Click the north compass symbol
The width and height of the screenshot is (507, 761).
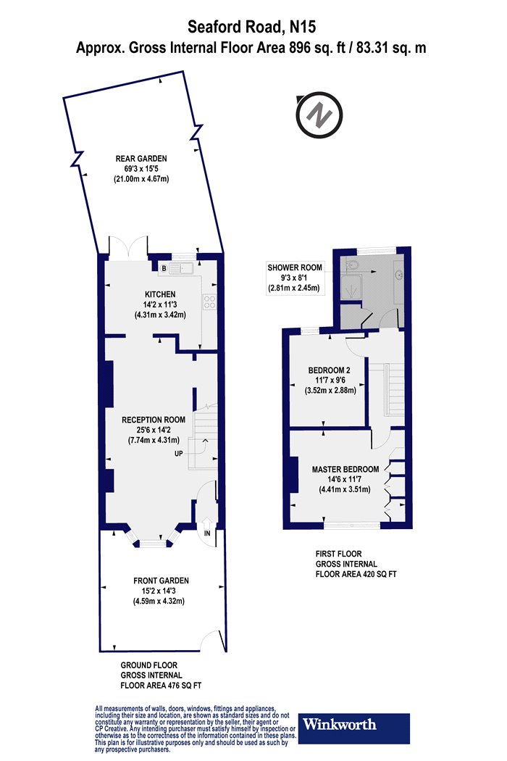pyautogui.click(x=318, y=114)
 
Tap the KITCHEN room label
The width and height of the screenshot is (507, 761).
pyautogui.click(x=160, y=294)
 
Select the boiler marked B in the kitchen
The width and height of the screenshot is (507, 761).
pyautogui.click(x=164, y=269)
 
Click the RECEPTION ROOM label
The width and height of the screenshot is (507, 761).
pyautogui.click(x=154, y=420)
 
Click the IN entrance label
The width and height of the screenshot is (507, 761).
pyautogui.click(x=207, y=533)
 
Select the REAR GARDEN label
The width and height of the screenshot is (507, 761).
pyautogui.click(x=141, y=158)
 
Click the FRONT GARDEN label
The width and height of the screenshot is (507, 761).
pyautogui.click(x=161, y=581)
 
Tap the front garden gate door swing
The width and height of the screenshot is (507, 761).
pyautogui.click(x=212, y=639)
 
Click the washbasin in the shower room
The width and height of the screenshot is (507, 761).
pyautogui.click(x=401, y=275)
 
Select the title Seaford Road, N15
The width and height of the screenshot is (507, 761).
pyautogui.click(x=253, y=28)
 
